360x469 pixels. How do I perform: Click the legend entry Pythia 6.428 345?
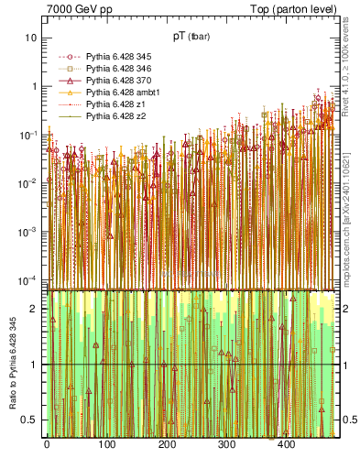tap(116, 57)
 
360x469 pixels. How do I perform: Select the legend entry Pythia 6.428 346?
tap(116, 69)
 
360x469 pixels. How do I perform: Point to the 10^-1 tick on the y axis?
tap(27, 135)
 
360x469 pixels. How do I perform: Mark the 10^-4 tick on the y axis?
tap(27, 279)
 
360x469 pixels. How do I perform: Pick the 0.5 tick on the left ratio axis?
tap(30, 420)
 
